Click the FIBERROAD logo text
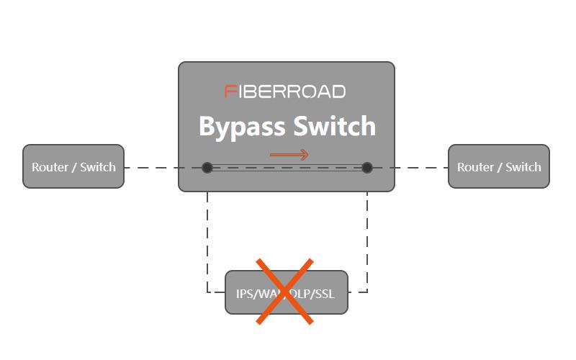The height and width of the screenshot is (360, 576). pos(285,91)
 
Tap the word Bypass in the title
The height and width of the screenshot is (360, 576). pos(240,127)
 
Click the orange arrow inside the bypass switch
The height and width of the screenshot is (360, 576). pos(289,155)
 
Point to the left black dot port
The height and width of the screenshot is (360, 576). pos(207,168)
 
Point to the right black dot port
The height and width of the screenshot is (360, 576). pos(367,168)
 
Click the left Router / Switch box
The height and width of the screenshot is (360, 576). pos(73,166)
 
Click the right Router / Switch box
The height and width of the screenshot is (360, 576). pos(499,166)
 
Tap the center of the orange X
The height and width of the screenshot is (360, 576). pos(287,292)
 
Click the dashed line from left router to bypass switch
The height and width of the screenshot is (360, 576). pos(151,168)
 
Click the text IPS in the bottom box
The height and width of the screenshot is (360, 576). pos(246,293)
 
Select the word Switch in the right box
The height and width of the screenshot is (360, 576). pos(523,167)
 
